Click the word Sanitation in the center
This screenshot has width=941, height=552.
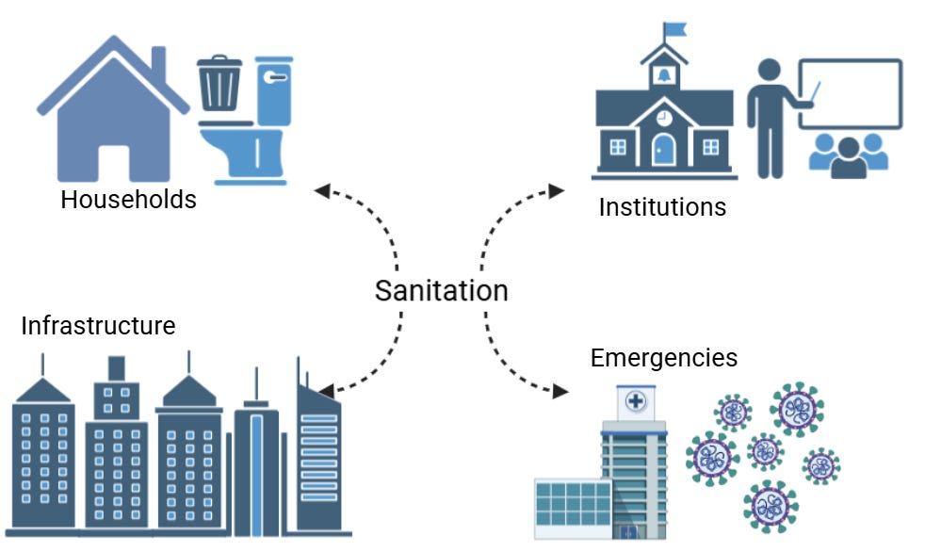(441, 290)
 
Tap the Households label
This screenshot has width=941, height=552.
(128, 200)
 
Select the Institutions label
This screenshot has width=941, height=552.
(662, 207)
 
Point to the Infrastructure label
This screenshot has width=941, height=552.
(98, 326)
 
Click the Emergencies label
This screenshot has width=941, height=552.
(663, 358)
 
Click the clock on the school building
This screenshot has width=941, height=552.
(664, 118)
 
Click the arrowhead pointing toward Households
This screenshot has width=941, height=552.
(322, 190)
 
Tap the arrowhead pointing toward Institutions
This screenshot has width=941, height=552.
(557, 191)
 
